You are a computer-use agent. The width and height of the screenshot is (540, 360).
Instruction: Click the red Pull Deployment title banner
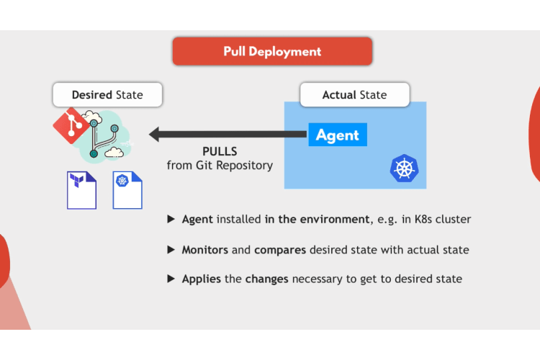click(272, 51)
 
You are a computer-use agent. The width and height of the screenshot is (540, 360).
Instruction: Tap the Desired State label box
click(107, 94)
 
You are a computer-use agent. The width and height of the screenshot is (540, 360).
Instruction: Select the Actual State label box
click(355, 94)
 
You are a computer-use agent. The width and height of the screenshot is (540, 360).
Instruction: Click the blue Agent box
click(338, 135)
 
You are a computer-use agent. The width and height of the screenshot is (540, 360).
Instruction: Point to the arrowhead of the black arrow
click(150, 135)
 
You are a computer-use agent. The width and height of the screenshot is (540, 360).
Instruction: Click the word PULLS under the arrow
click(220, 152)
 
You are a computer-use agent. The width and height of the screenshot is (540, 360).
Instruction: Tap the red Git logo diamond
click(71, 125)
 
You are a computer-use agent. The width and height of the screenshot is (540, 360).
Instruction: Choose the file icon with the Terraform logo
click(81, 190)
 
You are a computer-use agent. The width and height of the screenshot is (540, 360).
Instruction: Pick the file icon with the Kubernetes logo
click(127, 190)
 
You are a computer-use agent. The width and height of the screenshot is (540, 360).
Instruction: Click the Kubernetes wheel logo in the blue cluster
click(405, 168)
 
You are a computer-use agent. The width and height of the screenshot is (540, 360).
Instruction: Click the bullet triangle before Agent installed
click(171, 219)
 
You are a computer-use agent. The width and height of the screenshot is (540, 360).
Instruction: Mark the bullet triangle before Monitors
click(171, 250)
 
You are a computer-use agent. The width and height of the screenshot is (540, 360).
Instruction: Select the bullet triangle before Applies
click(171, 279)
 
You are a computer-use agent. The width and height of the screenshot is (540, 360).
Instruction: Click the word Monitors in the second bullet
click(205, 250)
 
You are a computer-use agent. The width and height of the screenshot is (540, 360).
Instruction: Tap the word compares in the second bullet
click(280, 251)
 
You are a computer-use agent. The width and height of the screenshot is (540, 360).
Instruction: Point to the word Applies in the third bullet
click(202, 279)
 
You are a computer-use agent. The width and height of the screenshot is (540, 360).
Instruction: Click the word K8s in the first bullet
click(423, 219)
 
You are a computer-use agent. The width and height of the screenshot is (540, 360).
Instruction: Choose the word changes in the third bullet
click(266, 279)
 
